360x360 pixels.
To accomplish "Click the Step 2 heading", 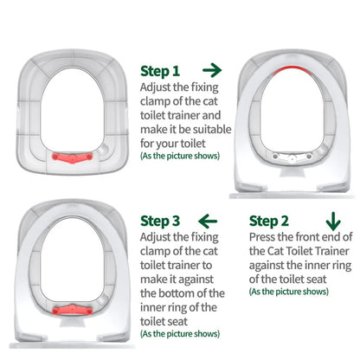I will click(270, 221).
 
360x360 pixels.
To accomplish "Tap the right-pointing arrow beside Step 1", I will click(211, 69).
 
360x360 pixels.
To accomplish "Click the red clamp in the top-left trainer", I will click(70, 158).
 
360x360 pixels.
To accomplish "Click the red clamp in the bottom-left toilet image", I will click(70, 333).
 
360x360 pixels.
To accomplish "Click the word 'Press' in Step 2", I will click(265, 236).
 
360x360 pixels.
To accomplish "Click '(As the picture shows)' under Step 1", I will click(180, 156).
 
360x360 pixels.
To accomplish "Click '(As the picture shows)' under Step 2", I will click(289, 292).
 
